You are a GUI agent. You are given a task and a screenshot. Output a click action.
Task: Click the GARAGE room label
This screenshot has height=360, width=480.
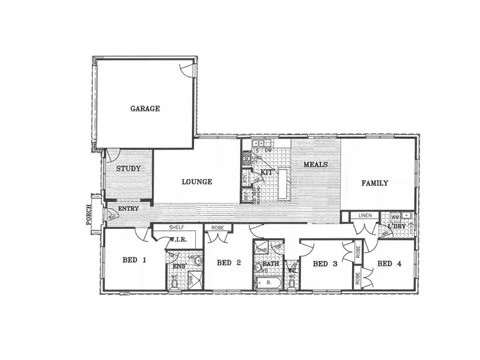point(145,109)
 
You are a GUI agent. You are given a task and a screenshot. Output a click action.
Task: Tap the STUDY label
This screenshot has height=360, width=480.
point(129,169)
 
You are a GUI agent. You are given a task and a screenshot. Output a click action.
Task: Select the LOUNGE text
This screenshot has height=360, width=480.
point(196,182)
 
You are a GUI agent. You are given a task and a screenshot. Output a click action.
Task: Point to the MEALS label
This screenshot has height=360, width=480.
point(316,164)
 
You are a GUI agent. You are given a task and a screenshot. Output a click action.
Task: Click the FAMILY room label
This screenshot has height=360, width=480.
point(374,183)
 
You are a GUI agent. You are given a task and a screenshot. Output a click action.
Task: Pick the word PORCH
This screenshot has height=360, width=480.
point(89,215)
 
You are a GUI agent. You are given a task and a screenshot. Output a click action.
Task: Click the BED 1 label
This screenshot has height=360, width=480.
point(134,260)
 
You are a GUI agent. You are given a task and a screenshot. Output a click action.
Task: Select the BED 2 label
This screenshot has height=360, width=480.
point(228,263)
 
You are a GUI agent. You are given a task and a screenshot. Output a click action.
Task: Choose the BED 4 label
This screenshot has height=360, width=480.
point(388,263)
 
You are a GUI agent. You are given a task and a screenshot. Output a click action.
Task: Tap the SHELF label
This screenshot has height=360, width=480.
point(177,228)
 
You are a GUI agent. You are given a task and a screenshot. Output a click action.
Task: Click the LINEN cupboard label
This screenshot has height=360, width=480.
point(365,216)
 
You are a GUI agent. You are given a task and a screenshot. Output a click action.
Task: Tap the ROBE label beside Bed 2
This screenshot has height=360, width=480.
point(218,228)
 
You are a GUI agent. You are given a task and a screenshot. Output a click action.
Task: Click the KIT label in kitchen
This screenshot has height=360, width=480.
point(267,173)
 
